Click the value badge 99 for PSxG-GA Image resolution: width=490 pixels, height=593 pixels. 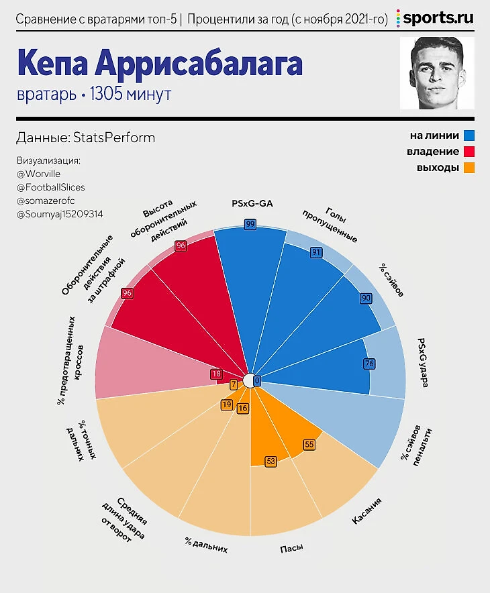(x=250, y=224)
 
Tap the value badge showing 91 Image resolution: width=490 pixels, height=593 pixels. (x=315, y=252)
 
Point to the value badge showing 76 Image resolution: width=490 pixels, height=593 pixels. (x=369, y=364)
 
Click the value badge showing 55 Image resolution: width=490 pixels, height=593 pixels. (x=309, y=444)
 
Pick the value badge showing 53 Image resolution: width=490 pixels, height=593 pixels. (x=271, y=461)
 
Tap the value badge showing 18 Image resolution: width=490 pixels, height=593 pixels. (x=215, y=374)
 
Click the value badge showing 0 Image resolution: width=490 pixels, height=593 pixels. (x=256, y=380)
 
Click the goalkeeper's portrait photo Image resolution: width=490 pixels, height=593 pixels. (x=437, y=73)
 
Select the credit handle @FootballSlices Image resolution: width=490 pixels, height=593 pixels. (x=50, y=187)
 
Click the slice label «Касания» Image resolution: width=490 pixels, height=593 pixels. (x=366, y=510)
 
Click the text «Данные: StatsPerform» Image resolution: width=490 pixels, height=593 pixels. (x=85, y=138)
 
